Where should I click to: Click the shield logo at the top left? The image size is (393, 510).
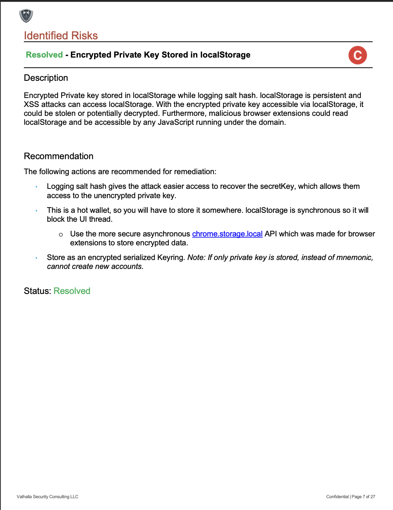(26, 16)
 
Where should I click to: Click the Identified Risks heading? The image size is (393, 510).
(61, 36)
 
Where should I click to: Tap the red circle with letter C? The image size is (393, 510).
(358, 55)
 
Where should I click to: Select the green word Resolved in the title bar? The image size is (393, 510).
(44, 55)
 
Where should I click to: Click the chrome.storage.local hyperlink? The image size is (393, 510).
(227, 234)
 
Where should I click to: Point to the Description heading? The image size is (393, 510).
(46, 78)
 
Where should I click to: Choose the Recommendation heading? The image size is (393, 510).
(59, 156)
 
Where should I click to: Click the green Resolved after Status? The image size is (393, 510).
(72, 291)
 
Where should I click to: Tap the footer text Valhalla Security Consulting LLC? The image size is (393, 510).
(48, 497)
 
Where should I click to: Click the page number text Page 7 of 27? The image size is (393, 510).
(364, 497)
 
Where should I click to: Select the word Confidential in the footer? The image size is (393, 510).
(337, 497)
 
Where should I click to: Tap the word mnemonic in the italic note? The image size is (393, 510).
(355, 258)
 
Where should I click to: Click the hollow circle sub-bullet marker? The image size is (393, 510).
(61, 235)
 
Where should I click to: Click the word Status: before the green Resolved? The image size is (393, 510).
(38, 291)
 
